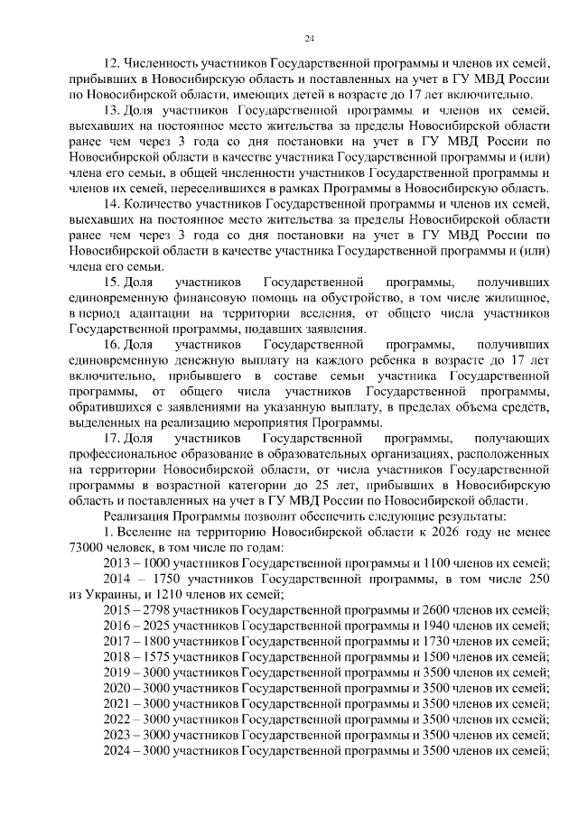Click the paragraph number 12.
113,62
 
